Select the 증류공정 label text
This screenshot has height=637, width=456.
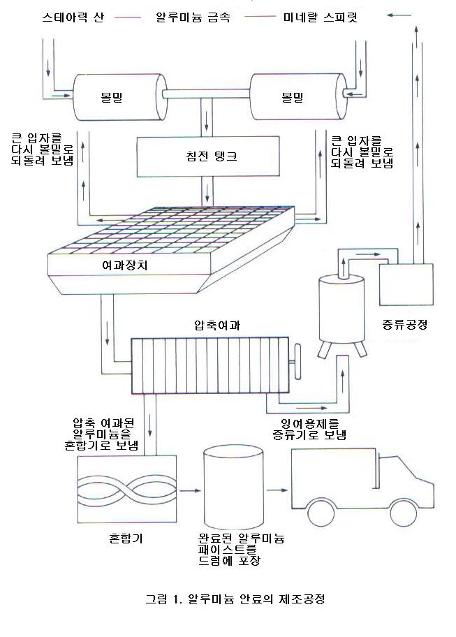pos(406,324)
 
